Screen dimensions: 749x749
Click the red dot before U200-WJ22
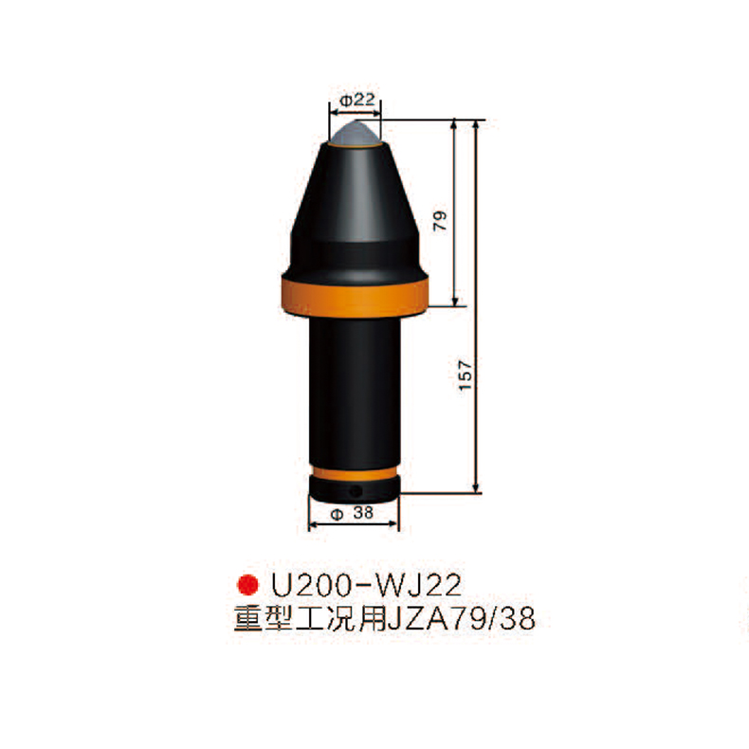[247, 582]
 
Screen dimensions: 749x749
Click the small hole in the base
[356, 491]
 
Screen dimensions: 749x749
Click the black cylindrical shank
[356, 389]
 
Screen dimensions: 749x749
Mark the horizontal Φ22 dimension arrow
[356, 112]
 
